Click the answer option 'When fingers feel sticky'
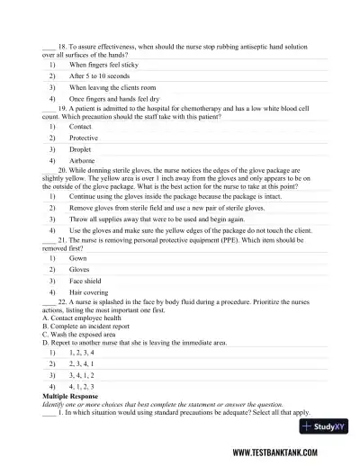pyautogui.click(x=103, y=66)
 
